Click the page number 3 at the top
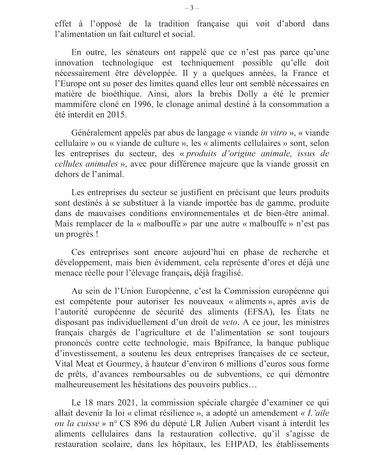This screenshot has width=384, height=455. click(192, 8)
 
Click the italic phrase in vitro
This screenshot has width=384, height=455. click(273, 133)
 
